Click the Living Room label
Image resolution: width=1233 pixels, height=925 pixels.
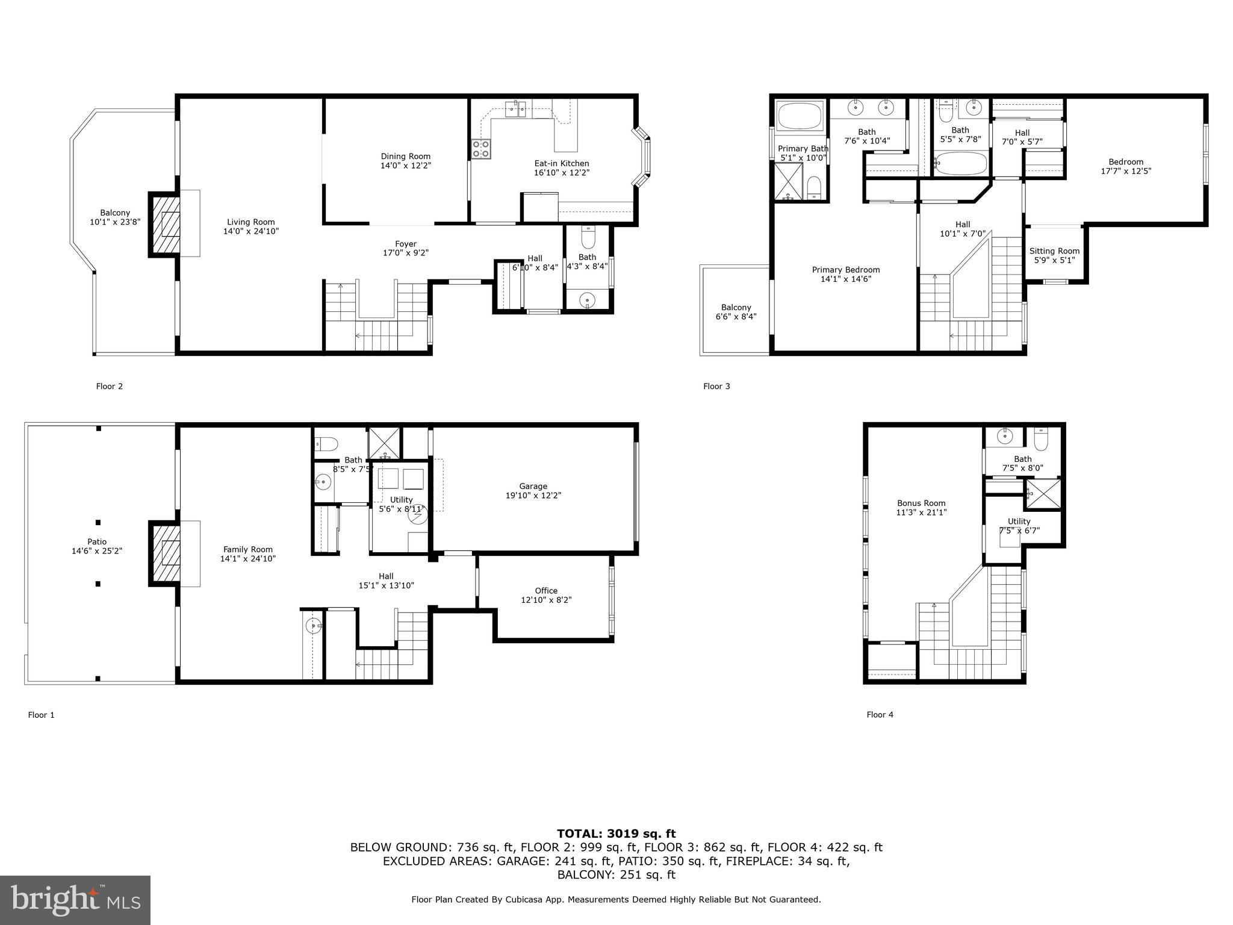tap(250, 222)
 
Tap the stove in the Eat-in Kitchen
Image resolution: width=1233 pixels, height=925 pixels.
tap(480, 149)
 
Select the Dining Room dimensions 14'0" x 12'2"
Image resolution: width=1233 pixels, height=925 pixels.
tap(405, 166)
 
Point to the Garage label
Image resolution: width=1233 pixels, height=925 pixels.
tap(533, 486)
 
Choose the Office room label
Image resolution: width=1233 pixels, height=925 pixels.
tap(545, 591)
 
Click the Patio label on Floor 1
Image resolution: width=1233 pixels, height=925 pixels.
tap(97, 541)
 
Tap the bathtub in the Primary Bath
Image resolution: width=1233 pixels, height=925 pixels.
tap(800, 116)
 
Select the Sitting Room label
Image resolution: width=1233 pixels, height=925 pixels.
tap(1054, 251)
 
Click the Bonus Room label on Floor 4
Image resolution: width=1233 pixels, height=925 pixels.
tap(921, 503)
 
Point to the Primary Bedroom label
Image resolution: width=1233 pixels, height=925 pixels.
tap(845, 270)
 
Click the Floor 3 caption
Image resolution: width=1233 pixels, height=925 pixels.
tap(716, 386)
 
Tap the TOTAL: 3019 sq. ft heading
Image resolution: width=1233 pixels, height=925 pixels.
tap(616, 833)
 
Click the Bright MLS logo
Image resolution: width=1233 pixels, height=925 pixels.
tap(75, 900)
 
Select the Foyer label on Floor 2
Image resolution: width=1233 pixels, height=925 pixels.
tap(405, 244)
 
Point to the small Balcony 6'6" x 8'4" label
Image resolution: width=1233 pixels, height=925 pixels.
tap(736, 308)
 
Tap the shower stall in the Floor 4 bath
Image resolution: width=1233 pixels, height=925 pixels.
tap(1043, 493)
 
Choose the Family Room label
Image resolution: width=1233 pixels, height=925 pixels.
tap(247, 549)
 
